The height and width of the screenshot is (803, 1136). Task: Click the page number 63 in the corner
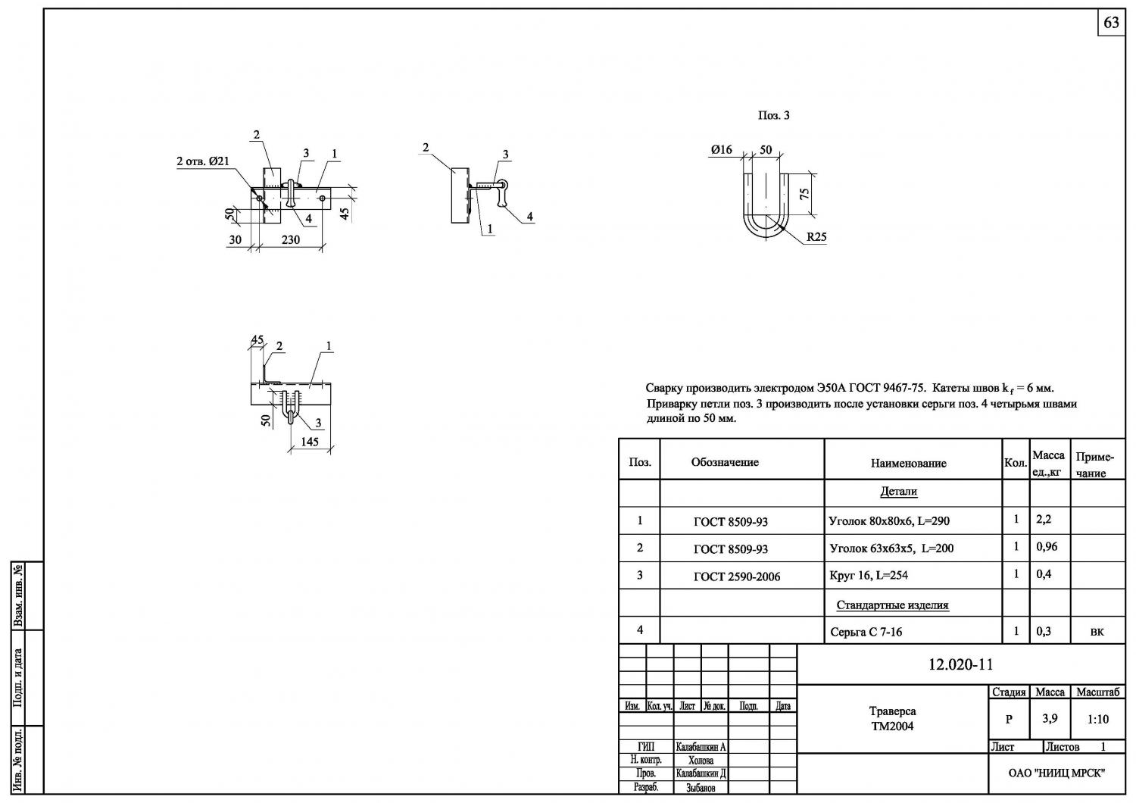(1111, 23)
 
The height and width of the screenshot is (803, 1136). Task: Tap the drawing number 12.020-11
(960, 664)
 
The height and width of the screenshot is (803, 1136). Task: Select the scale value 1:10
(1098, 720)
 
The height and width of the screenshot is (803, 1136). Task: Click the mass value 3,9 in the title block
(1050, 719)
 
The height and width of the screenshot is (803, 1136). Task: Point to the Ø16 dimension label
(722, 150)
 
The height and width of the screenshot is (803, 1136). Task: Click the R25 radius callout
(816, 237)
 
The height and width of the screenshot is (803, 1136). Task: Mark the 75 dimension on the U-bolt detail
(805, 194)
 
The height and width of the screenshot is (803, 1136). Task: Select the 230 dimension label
(291, 240)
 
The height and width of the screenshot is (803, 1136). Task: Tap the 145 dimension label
(309, 442)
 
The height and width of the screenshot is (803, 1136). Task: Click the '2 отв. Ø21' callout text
(203, 161)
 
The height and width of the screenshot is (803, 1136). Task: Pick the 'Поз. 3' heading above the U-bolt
(773, 116)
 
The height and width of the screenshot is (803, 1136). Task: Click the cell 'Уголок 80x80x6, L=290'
(889, 521)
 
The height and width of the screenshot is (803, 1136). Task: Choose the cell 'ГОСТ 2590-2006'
(737, 576)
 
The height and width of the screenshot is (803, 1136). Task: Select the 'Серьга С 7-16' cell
(866, 632)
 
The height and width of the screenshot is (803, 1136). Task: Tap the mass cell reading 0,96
(1047, 547)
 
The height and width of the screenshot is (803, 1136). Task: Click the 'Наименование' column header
(908, 463)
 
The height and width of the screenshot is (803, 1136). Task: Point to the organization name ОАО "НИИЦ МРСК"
(1057, 773)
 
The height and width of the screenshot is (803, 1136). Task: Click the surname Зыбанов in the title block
(701, 789)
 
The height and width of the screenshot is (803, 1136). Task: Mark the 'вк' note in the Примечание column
(1097, 632)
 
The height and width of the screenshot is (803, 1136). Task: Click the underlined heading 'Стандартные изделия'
(892, 605)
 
